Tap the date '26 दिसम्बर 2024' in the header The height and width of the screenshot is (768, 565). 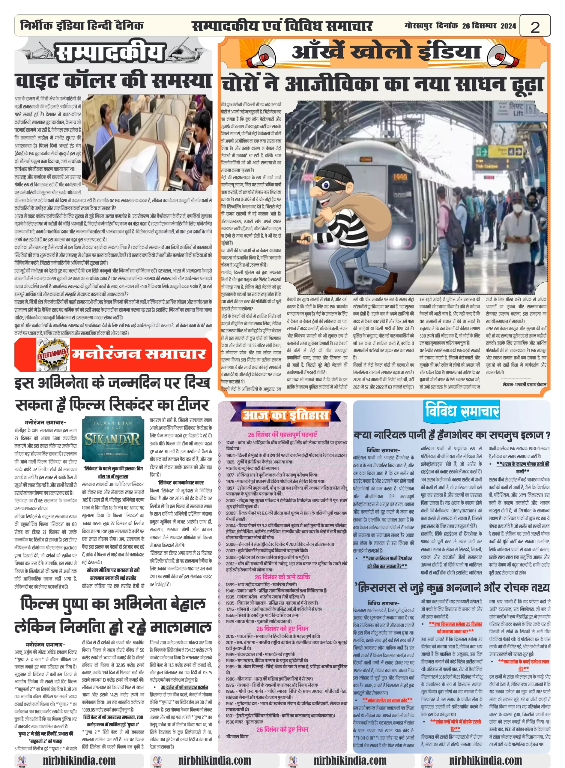[x=489, y=26]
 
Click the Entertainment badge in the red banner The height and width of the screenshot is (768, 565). [x=53, y=354]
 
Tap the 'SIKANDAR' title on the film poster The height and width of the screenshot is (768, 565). [x=113, y=439]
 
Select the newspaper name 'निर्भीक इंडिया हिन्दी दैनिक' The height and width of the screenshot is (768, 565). [x=82, y=26]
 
